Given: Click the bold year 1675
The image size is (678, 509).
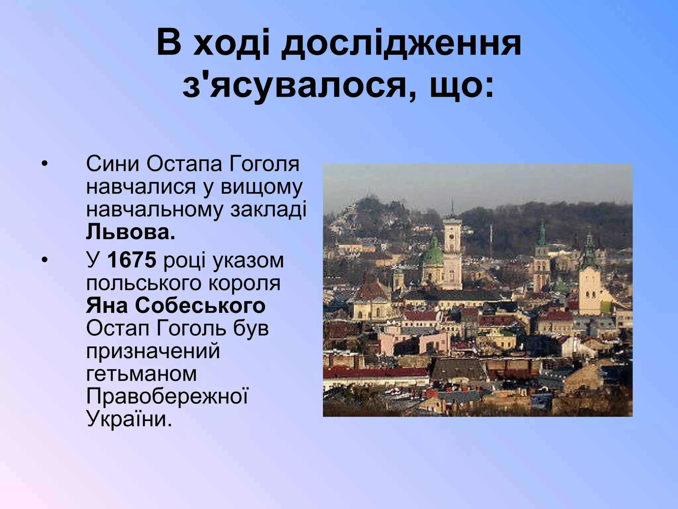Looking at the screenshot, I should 131,260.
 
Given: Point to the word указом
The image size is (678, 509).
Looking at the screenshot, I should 248,260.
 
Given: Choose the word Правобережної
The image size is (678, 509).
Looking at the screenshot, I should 167,396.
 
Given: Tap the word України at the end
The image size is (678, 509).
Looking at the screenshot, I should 129,419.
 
